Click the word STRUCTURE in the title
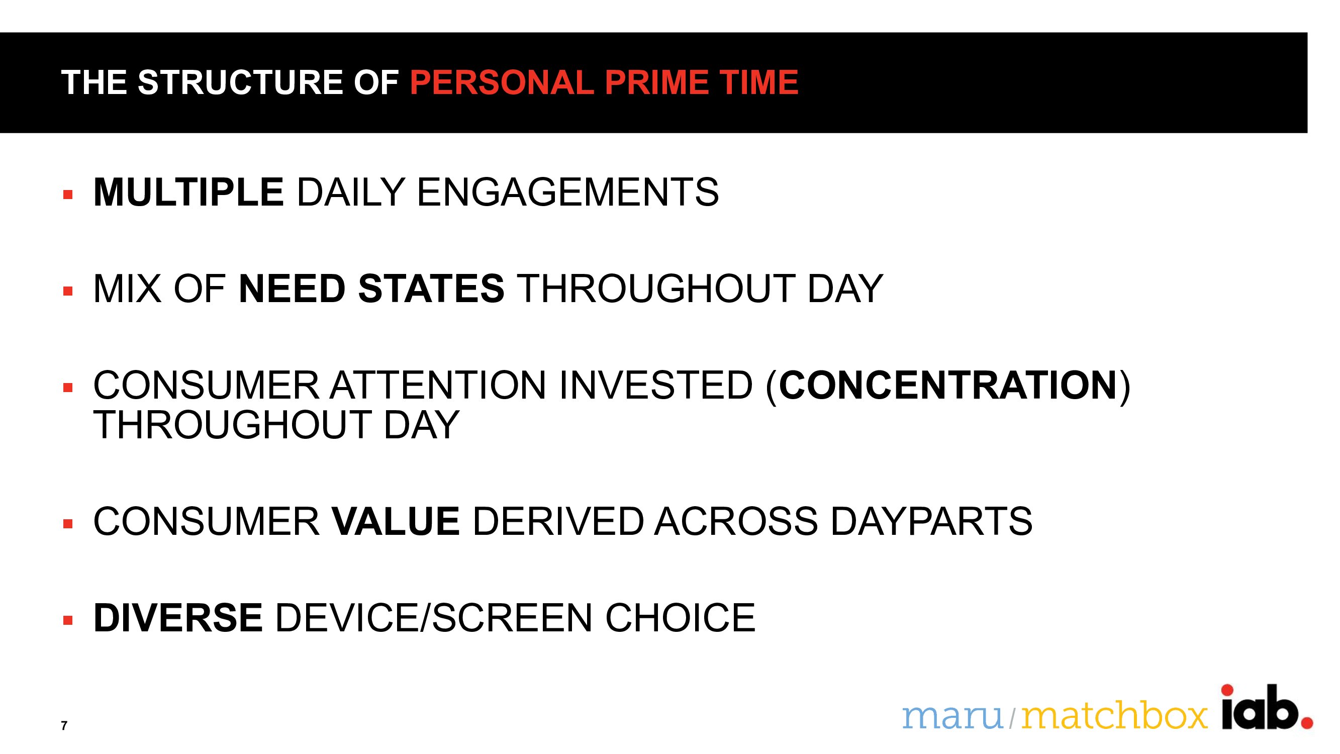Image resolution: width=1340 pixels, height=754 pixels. coord(240,82)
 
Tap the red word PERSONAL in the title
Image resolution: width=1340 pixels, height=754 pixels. coord(502,82)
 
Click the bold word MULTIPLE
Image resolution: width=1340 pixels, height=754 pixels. coord(188,192)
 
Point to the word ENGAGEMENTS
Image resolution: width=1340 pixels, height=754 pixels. coord(568,192)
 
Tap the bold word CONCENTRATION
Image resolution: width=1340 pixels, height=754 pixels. coord(948,385)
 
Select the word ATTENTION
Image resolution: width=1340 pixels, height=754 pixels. coord(438,385)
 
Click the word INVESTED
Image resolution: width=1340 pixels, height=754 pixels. coord(656,385)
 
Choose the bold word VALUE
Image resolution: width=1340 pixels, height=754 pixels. coord(396,521)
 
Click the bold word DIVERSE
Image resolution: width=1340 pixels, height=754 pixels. coord(178,618)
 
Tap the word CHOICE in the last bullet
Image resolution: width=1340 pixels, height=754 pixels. coord(680,618)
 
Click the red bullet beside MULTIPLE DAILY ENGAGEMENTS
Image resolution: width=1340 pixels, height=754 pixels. coord(68,195)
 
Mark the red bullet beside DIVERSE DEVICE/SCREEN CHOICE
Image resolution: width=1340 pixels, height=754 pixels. coord(68,620)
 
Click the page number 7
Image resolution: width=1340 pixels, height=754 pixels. coord(64,725)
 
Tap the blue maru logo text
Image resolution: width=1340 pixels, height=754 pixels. coord(952,716)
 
